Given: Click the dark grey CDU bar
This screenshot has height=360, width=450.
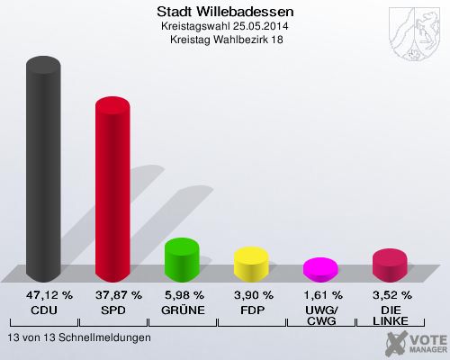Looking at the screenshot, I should click(43, 171).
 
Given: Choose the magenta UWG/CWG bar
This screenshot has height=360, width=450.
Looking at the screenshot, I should click(320, 268).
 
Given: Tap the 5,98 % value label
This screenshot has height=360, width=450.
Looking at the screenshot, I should click(183, 294).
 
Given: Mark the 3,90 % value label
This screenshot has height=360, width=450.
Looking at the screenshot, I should click(252, 294).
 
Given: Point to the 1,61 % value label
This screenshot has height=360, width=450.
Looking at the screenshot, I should click(321, 294).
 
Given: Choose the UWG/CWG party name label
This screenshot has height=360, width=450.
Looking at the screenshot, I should click(321, 315).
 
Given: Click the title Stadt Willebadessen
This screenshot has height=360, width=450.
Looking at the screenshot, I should click(224, 13).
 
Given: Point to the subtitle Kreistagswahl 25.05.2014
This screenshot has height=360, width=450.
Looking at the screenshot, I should click(224, 28).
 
